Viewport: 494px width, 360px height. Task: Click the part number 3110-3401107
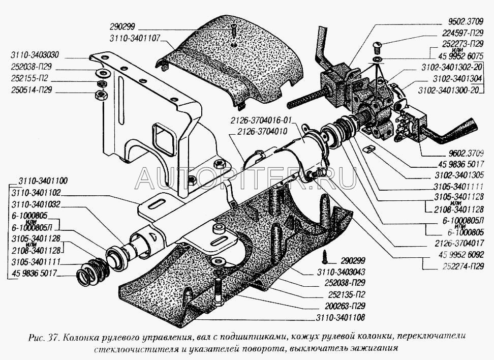point(135,39)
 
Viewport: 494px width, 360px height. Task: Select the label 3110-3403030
point(35,55)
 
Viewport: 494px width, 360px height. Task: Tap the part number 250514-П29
point(31,91)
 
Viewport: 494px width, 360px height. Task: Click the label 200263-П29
point(345,306)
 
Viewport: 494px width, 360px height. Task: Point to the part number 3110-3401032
point(35,204)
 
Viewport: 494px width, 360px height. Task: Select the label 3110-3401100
point(43,181)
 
